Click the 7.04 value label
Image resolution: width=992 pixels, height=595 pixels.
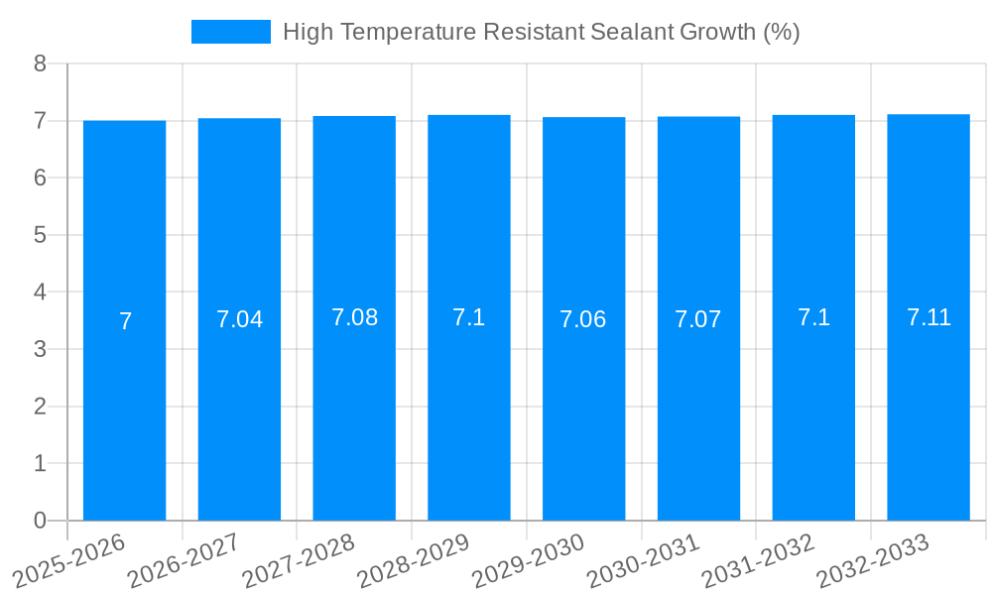click(239, 319)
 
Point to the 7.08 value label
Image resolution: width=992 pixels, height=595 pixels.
click(354, 317)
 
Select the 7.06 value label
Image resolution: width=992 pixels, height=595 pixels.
click(583, 319)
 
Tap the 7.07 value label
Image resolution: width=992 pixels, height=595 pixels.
click(698, 319)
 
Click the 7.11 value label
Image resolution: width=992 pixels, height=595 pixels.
click(929, 317)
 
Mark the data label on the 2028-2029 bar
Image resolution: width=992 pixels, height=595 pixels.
click(468, 317)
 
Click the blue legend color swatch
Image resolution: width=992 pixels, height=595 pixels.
click(230, 32)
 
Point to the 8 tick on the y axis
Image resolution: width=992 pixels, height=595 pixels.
click(40, 64)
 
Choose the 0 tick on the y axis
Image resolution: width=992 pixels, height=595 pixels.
click(40, 521)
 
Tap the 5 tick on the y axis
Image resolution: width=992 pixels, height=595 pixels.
click(40, 235)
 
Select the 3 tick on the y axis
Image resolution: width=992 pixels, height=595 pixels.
click(40, 349)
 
